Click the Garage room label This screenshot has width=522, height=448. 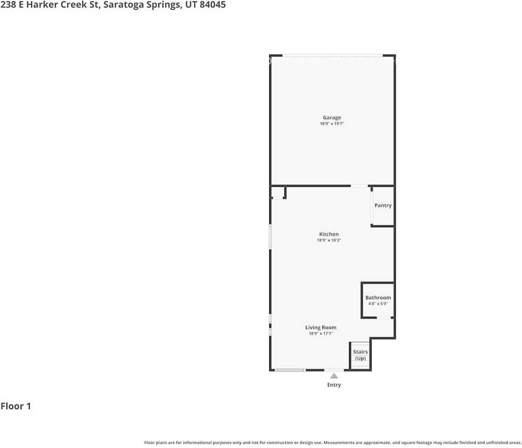tap(332, 118)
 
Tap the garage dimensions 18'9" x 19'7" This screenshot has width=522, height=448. tap(332, 124)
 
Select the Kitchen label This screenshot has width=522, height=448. tap(329, 234)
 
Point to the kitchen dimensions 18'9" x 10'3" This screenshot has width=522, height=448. tap(329, 240)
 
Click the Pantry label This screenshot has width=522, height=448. tap(383, 205)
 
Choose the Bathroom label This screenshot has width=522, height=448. tap(378, 298)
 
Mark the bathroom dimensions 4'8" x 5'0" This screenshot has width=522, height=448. tap(378, 304)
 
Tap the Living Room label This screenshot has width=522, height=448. tap(321, 328)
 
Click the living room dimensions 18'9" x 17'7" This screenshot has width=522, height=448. tap(321, 334)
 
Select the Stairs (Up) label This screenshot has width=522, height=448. tap(360, 355)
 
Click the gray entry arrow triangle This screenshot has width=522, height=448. tap(334, 375)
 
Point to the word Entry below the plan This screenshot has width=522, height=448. tap(334, 385)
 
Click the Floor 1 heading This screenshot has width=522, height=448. tap(16, 406)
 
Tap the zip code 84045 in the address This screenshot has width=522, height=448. tap(213, 6)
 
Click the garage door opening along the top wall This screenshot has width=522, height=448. tap(333, 56)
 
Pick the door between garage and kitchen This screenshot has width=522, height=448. tap(359, 186)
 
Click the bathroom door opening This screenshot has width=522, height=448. tap(383, 318)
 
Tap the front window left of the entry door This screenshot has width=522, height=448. tap(290, 370)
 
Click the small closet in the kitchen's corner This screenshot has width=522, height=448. tap(278, 192)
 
